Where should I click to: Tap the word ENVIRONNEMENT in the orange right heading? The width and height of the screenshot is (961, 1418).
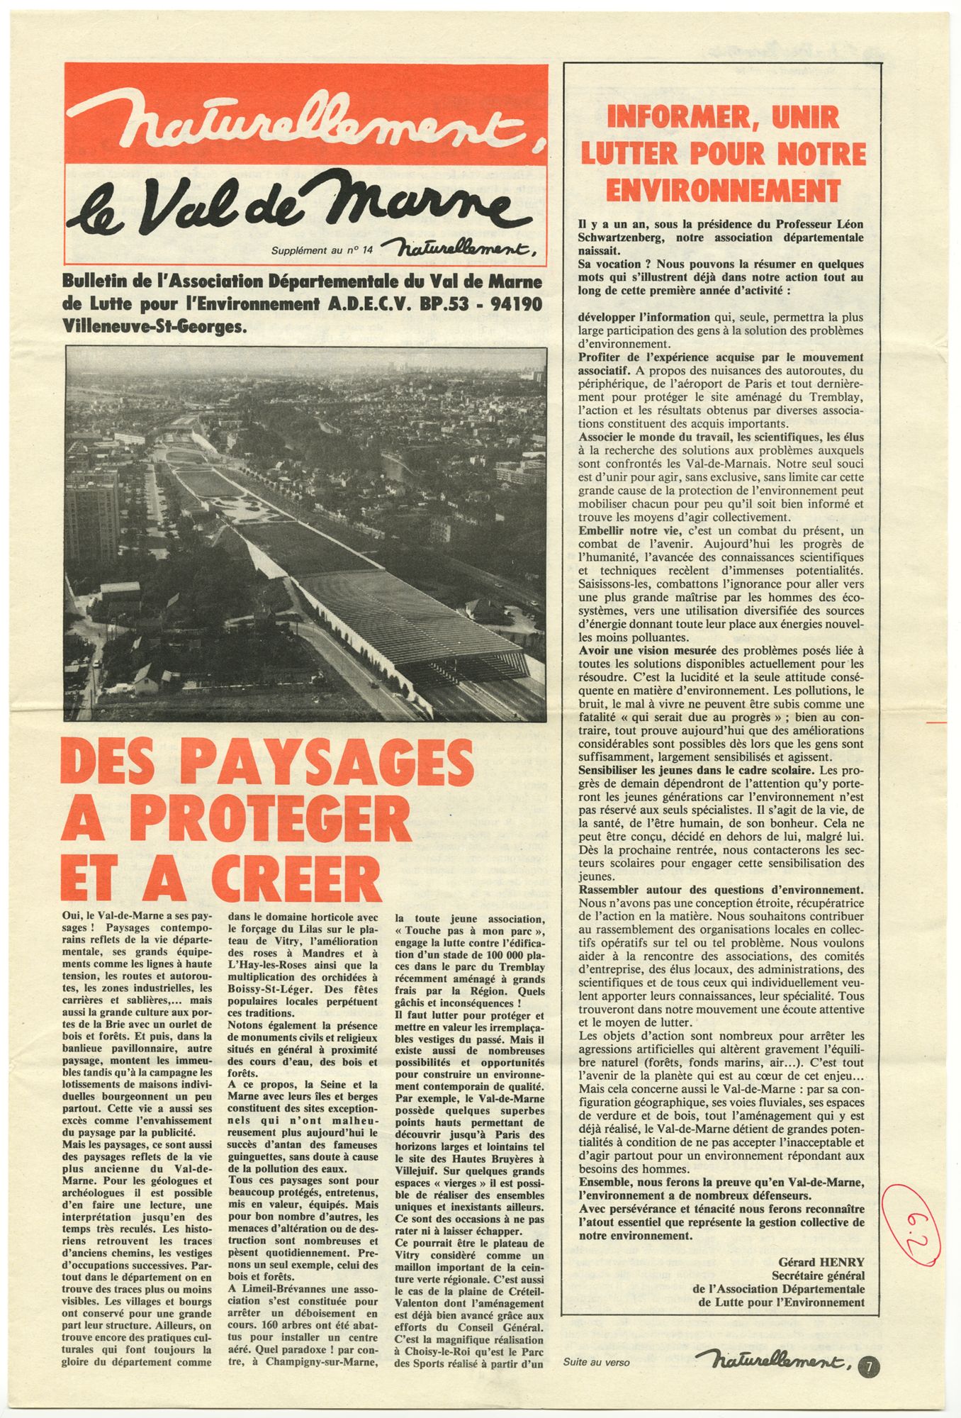point(723,190)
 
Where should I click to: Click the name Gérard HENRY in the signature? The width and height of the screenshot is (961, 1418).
point(821,1261)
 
